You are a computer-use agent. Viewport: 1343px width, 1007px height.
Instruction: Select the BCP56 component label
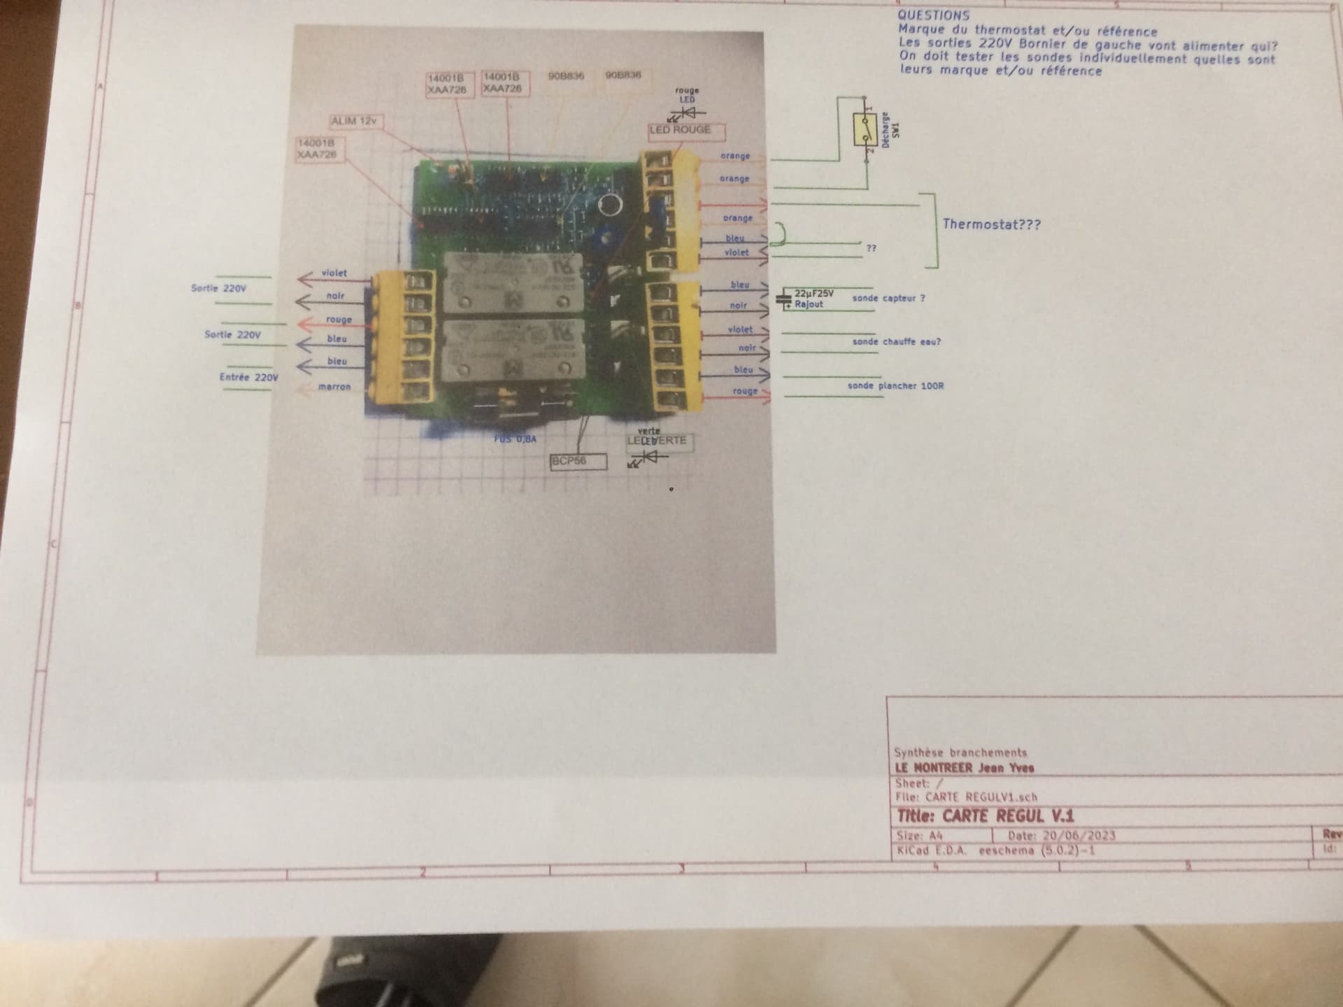pyautogui.click(x=578, y=462)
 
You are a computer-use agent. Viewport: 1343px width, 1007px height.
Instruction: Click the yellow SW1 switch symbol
pyautogui.click(x=865, y=130)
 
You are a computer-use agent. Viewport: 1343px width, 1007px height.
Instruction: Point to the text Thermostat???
pyautogui.click(x=991, y=224)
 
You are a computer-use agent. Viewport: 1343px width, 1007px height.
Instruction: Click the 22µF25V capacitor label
pyautogui.click(x=813, y=294)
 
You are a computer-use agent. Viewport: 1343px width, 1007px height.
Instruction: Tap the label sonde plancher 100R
pyautogui.click(x=895, y=385)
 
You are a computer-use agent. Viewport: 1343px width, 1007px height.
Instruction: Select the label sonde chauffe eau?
pyautogui.click(x=896, y=342)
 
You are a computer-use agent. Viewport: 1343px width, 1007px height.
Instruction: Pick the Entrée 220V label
pyautogui.click(x=248, y=378)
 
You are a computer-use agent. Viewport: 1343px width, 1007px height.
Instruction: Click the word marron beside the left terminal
pyautogui.click(x=334, y=387)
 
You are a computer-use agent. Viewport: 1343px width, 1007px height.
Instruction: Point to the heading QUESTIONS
pyautogui.click(x=934, y=15)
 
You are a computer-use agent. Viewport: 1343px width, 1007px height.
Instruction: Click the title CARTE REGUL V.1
pyautogui.click(x=986, y=816)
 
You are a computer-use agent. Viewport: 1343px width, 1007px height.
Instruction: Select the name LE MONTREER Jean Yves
pyautogui.click(x=965, y=768)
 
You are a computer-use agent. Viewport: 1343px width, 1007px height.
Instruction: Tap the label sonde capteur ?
pyautogui.click(x=888, y=299)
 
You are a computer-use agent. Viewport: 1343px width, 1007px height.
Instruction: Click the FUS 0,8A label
pyautogui.click(x=516, y=439)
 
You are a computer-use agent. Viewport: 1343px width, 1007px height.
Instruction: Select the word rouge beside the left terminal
pyautogui.click(x=339, y=320)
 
